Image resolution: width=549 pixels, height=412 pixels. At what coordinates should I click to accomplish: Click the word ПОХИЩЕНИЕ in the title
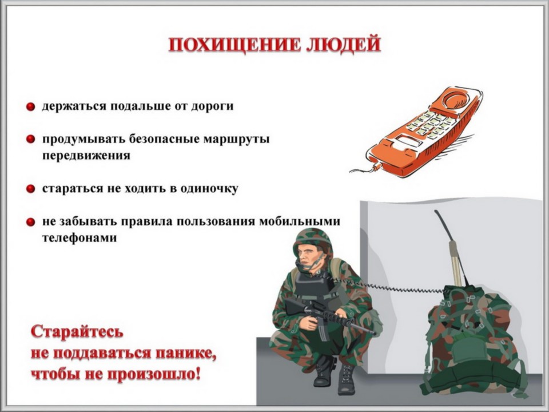click(x=234, y=45)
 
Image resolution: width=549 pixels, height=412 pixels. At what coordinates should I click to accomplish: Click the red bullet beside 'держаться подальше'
click(x=30, y=106)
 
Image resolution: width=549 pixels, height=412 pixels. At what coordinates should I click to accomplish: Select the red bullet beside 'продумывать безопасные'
click(x=30, y=139)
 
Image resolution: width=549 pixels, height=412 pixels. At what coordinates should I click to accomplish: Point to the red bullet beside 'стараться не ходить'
click(x=30, y=189)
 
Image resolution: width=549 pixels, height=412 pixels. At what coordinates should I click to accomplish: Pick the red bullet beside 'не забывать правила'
click(x=30, y=222)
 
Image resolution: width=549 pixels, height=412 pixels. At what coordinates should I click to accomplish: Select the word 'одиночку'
click(x=209, y=189)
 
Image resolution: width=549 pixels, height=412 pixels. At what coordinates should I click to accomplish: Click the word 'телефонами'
click(x=79, y=238)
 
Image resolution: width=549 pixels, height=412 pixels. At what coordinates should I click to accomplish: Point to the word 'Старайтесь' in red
click(x=77, y=331)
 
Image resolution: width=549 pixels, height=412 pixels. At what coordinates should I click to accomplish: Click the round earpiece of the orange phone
click(x=456, y=99)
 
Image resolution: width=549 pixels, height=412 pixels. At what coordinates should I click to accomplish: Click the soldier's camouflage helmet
click(x=312, y=240)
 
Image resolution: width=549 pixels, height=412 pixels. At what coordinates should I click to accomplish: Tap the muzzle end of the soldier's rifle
click(x=374, y=333)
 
